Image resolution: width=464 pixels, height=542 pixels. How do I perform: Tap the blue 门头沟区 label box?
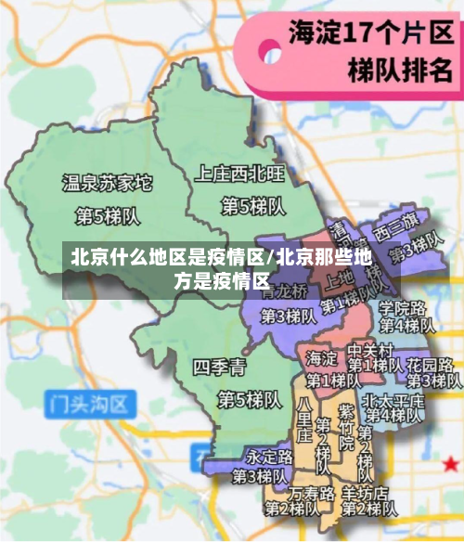coord(90,403)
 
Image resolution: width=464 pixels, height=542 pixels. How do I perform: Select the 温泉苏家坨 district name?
coord(106,183)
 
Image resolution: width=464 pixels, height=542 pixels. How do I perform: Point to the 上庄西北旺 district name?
coord(239,172)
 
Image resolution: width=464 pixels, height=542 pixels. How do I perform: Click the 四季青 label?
coord(220,368)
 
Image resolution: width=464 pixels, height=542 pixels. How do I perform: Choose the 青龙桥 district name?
coord(284,290)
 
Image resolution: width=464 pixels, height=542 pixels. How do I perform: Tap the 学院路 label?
coord(402,307)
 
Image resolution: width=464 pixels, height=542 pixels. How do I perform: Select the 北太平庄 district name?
coord(393,400)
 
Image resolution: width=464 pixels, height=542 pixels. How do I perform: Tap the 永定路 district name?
coord(269,457)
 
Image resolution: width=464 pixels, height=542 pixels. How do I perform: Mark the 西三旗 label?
coord(396,226)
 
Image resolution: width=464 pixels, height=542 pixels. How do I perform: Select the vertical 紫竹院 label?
coord(345,430)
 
